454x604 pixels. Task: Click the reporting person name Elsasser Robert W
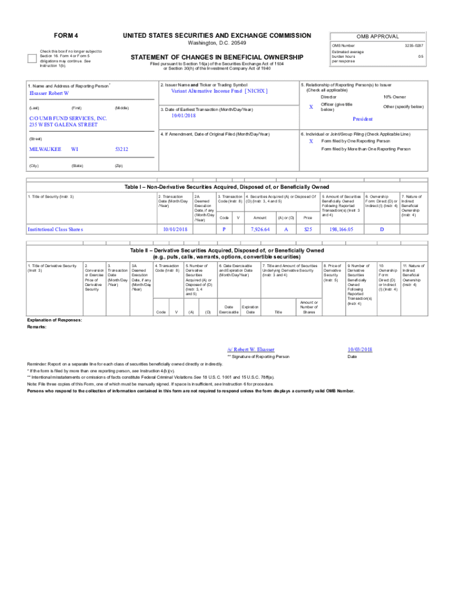click(x=50, y=93)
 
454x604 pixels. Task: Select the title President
click(x=362, y=119)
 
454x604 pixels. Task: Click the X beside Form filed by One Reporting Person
click(x=311, y=141)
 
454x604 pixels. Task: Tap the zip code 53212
click(x=121, y=149)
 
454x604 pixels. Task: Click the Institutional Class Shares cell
click(x=55, y=229)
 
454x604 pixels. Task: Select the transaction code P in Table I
click(x=224, y=229)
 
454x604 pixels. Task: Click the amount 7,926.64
click(x=259, y=229)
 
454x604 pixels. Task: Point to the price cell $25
click(x=307, y=229)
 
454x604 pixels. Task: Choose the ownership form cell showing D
click(x=381, y=229)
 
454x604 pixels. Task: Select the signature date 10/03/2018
click(x=360, y=349)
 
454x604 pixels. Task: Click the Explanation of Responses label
click(x=55, y=320)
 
